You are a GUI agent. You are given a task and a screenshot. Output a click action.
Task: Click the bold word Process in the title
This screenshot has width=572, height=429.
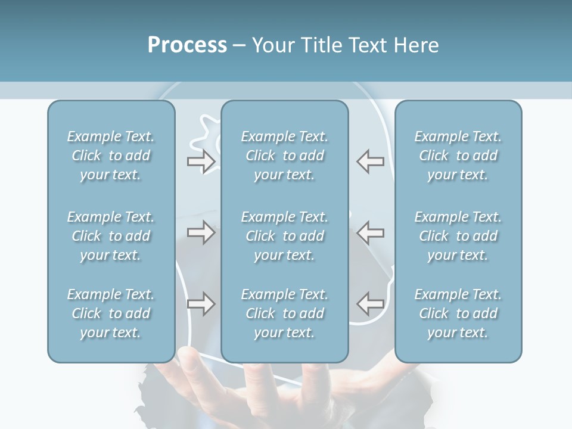(187, 45)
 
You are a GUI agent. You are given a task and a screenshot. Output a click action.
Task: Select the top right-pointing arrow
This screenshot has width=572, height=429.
(201, 161)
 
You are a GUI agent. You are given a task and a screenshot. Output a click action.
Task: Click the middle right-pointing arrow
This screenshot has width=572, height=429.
(201, 232)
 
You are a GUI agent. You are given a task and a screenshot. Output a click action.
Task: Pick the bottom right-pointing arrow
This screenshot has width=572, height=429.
(201, 304)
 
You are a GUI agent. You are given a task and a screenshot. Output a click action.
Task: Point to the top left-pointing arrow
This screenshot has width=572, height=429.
(370, 161)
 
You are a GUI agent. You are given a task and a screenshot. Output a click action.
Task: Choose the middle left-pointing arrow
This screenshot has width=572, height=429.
(370, 232)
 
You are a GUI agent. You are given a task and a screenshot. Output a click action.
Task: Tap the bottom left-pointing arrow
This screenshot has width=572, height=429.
(370, 304)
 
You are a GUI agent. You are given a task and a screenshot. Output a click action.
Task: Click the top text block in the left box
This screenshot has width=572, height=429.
(111, 156)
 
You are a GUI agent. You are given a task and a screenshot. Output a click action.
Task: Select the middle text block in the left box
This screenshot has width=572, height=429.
(111, 236)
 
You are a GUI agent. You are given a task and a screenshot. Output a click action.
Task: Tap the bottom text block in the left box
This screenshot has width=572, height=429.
(111, 313)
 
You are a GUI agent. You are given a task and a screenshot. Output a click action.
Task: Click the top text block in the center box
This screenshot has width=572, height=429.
(285, 156)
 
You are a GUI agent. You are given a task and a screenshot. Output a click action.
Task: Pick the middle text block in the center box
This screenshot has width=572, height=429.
(285, 236)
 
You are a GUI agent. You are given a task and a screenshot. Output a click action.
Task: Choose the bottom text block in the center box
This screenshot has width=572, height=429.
(285, 313)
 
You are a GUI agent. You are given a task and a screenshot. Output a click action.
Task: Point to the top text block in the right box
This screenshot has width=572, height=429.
(458, 156)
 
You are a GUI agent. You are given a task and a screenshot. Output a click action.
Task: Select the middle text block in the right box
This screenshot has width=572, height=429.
(458, 236)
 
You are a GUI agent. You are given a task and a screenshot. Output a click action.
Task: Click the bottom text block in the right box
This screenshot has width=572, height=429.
(458, 313)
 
